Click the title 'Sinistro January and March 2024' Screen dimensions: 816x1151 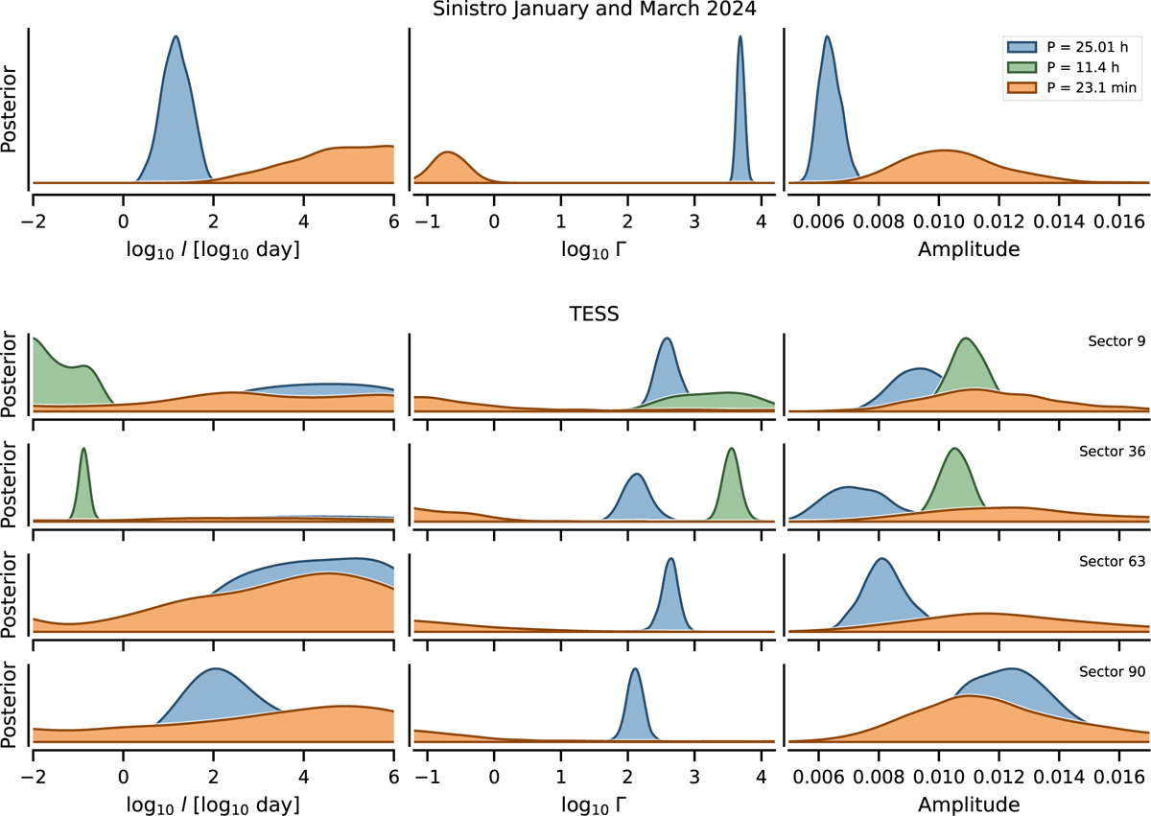pyautogui.click(x=575, y=12)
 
